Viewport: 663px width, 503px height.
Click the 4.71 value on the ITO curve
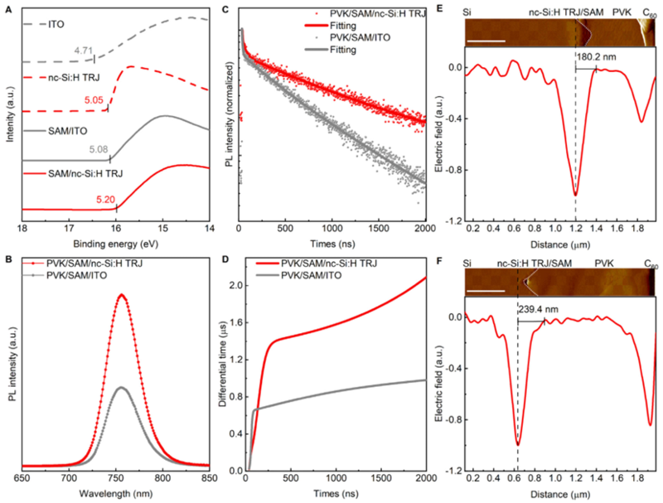80,51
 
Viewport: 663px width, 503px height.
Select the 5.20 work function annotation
105,200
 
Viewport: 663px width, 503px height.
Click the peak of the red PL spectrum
122,294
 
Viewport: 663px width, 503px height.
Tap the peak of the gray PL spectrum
122,387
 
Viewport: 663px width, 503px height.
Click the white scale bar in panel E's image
486,40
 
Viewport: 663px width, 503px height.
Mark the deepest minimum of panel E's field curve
575,196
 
